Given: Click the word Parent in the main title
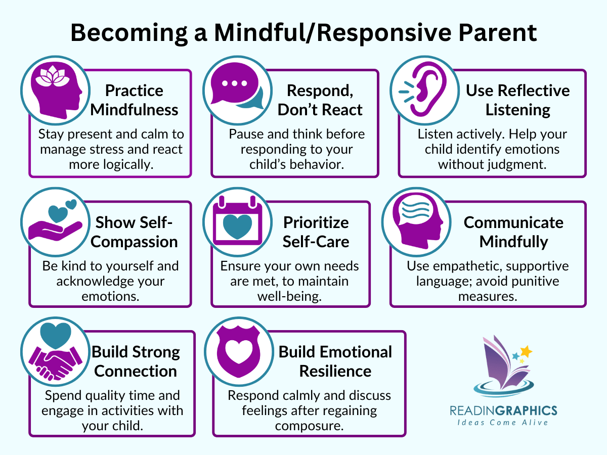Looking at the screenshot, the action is click(490, 33).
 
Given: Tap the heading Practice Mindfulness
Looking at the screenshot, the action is click(134, 100).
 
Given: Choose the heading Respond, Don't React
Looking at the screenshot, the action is click(320, 100).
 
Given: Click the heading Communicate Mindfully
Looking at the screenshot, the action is click(513, 232).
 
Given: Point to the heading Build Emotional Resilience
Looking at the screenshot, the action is click(335, 361).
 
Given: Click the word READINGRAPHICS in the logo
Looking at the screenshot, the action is click(504, 410).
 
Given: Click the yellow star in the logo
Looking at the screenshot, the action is click(526, 351).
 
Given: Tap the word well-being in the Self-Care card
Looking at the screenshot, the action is click(290, 296).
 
